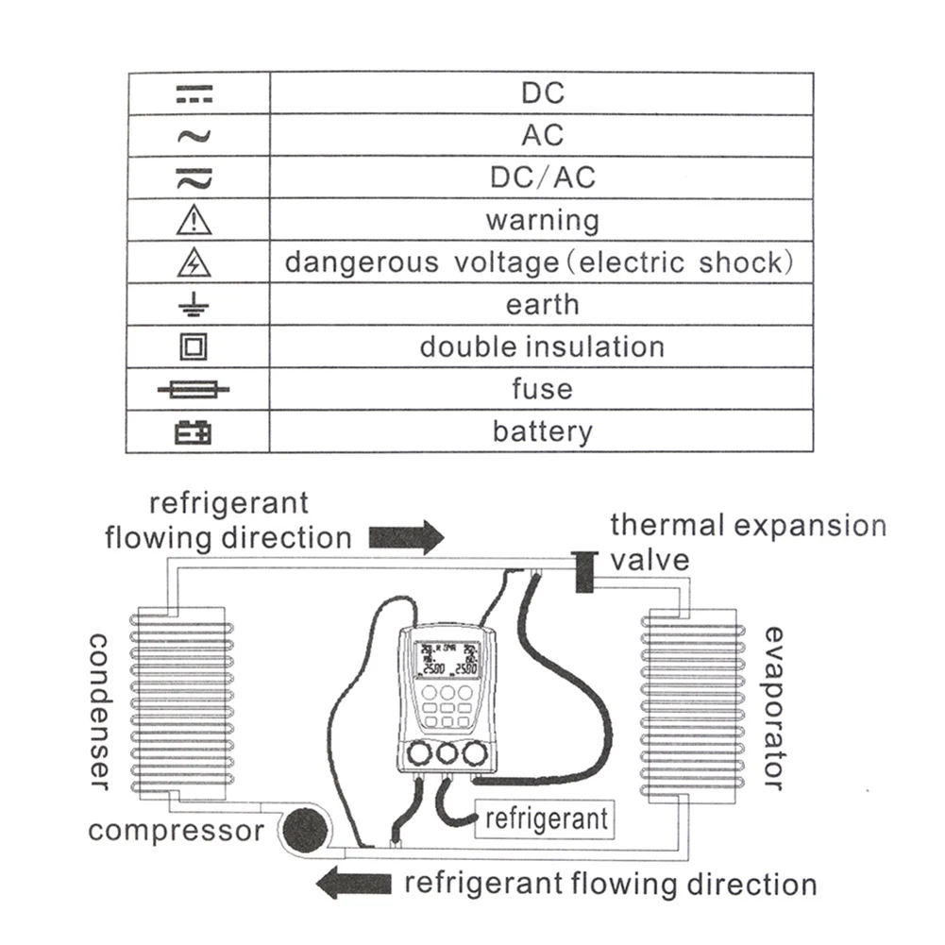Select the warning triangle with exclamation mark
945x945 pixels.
(194, 221)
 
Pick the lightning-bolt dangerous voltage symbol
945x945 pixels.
(194, 263)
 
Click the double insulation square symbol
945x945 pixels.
(194, 347)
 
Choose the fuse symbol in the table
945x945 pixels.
(194, 390)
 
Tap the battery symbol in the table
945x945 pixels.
(194, 432)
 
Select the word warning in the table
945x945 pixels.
(542, 221)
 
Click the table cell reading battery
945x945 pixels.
(542, 432)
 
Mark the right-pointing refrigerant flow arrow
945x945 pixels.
(406, 537)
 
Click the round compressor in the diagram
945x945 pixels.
(303, 830)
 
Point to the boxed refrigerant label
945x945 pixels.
(547, 818)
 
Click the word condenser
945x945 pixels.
(101, 710)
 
